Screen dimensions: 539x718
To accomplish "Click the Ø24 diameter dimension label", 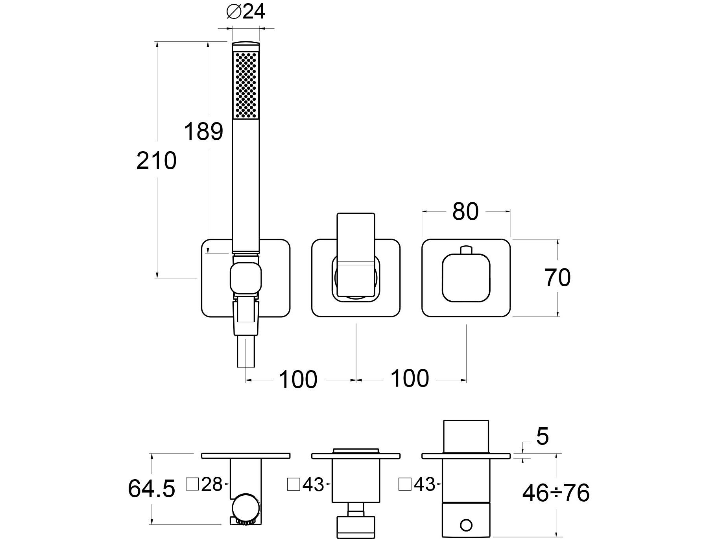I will coord(246,12).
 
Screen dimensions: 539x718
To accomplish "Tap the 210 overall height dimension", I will coord(156,161).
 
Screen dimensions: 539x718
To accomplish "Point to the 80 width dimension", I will coord(465,211).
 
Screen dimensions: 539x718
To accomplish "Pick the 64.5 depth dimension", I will coord(151,489).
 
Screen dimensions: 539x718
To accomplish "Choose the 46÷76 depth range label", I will coord(556,493).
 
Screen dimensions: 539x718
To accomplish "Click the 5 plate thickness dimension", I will coord(542,437).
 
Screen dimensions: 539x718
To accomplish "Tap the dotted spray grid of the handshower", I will coord(246,85).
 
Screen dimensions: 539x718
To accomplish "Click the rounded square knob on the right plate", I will coord(466,278).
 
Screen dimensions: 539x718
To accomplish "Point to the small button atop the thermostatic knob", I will coord(466,250).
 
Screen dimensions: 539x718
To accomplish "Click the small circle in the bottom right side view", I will coord(466,525).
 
